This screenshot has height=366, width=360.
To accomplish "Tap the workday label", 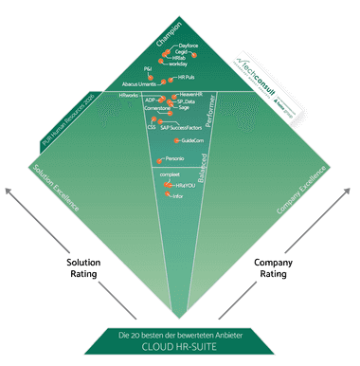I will [x=184, y=65].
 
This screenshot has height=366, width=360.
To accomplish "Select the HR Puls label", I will [x=186, y=77].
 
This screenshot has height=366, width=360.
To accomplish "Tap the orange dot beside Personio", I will [x=157, y=158].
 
